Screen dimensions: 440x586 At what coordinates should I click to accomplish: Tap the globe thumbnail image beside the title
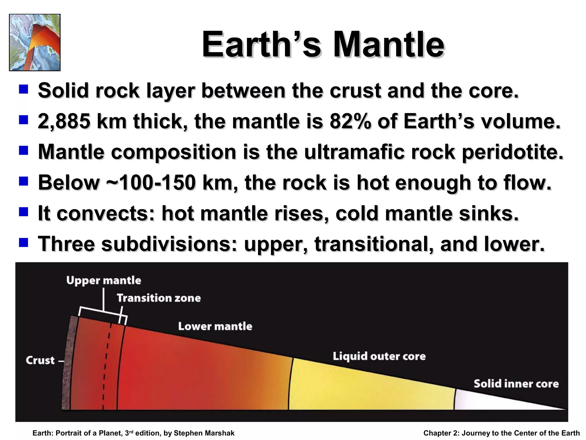(35, 42)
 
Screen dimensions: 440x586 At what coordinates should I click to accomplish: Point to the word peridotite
(512, 152)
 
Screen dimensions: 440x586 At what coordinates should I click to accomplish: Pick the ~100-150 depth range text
(151, 183)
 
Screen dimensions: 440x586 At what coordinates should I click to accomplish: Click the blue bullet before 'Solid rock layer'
(23, 89)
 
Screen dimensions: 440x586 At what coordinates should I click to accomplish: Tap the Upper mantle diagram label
(104, 280)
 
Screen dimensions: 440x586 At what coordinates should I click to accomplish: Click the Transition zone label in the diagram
(159, 298)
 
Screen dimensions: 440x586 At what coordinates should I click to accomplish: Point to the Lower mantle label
(215, 326)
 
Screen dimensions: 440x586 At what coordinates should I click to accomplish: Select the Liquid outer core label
(379, 356)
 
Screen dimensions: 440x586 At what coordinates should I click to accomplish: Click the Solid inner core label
(516, 384)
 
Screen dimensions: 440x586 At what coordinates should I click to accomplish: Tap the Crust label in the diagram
(40, 360)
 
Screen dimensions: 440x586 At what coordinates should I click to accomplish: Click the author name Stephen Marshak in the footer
(204, 433)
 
